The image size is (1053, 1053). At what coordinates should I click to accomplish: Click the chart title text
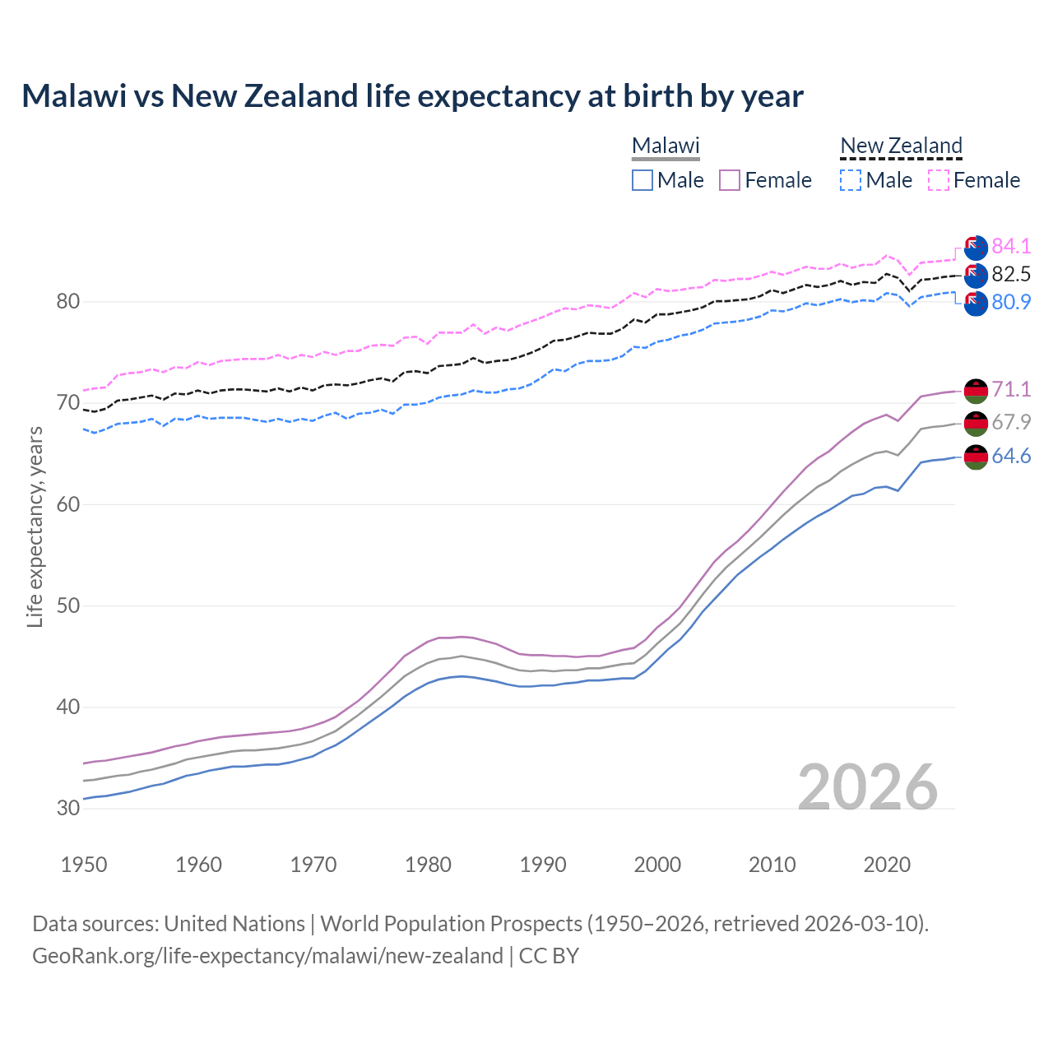[412, 96]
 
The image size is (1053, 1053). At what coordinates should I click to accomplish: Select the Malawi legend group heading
[665, 146]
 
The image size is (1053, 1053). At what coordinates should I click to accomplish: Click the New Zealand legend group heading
[901, 146]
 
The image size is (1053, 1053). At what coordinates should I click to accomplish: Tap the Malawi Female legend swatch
[730, 180]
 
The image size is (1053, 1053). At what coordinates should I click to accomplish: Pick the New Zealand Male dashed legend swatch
[851, 180]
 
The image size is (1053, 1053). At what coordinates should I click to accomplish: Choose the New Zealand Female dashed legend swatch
[939, 180]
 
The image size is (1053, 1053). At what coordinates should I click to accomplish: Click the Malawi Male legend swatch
[642, 180]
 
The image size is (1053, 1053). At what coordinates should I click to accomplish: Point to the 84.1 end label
[1011, 246]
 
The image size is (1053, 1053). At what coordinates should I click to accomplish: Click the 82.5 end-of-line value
[1011, 274]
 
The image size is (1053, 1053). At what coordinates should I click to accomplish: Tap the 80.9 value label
[1011, 302]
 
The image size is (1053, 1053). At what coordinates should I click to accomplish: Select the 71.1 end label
[1011, 389]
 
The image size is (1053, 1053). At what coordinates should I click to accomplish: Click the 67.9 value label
[1011, 422]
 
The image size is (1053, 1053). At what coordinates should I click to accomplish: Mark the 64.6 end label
[1011, 456]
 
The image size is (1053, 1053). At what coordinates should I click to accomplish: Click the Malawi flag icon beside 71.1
[976, 390]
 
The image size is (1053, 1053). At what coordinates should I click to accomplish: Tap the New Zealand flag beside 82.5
[976, 275]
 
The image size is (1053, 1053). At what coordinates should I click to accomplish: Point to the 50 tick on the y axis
[68, 606]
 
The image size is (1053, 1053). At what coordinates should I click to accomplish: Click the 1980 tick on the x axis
[428, 865]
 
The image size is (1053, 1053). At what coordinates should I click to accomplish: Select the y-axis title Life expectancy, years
[35, 526]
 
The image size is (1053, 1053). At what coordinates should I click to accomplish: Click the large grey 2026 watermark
[868, 787]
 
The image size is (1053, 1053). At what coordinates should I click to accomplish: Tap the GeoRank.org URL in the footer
[267, 956]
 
